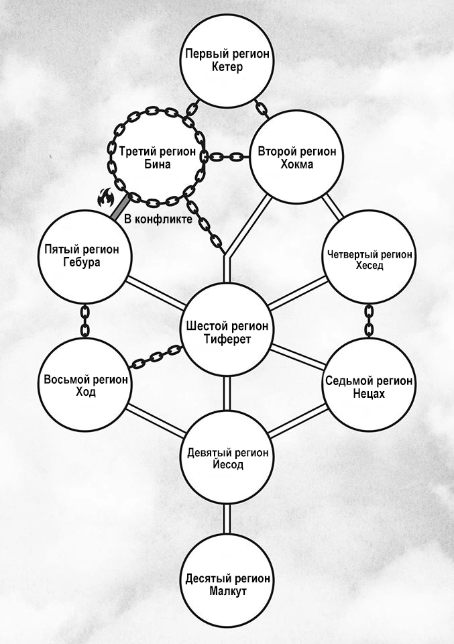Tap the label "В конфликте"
pos(158,219)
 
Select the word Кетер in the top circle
pos(227,66)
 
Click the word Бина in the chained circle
pos(158,164)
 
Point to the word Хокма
pos(297,164)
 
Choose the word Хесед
pos(370,266)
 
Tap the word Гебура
pos(82,262)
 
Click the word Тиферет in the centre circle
pos(227,339)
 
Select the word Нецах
pos(369,394)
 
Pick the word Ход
pos(86,392)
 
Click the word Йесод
pos(228,464)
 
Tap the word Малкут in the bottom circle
pos(228,592)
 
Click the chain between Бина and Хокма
pos(227,156)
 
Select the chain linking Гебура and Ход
pos(84,321)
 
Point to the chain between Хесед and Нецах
pos(369,321)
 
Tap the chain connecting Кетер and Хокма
pos(261,109)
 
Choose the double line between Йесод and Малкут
pos(227,519)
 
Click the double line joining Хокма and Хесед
pos(333,207)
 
